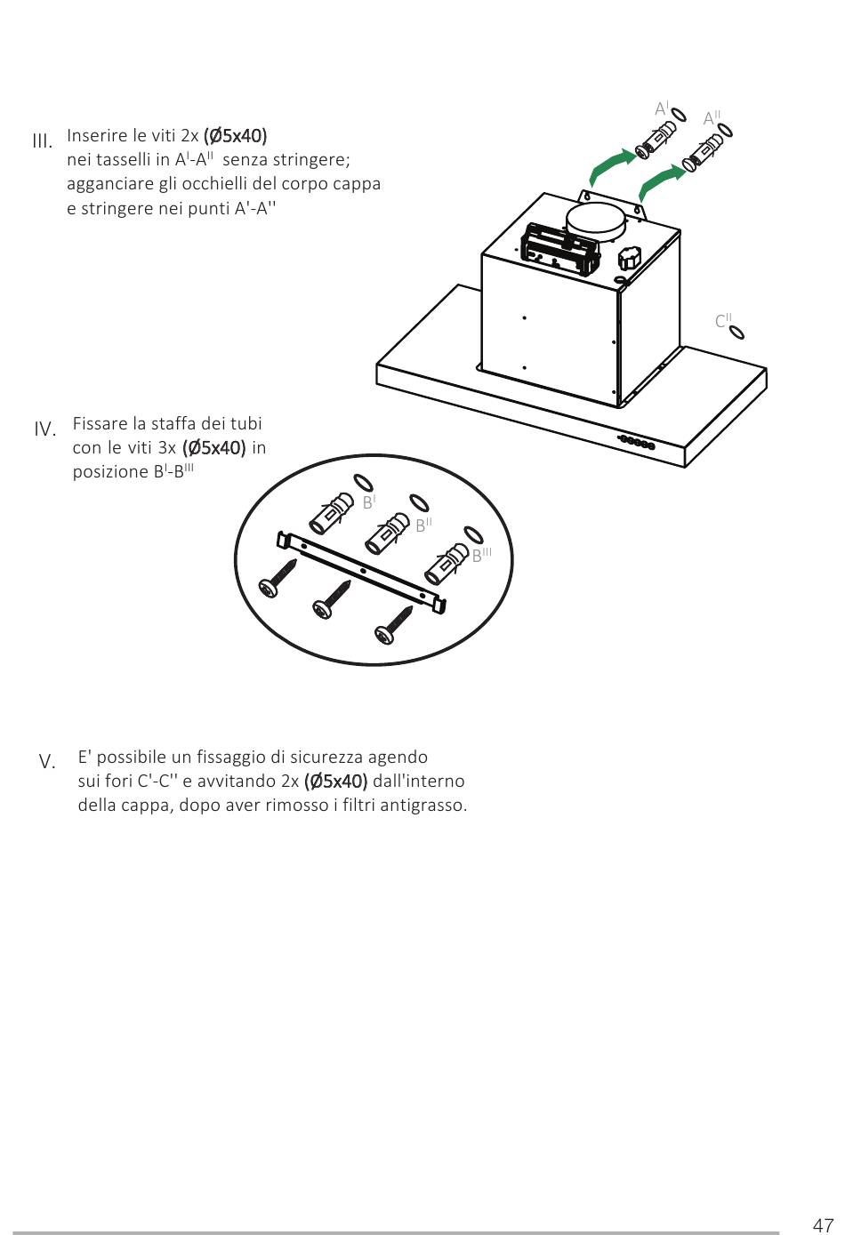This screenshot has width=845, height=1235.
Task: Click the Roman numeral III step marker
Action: (x=42, y=140)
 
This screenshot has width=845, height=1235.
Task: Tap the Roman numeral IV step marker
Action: (x=45, y=429)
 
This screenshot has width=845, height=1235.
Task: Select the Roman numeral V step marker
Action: (x=47, y=762)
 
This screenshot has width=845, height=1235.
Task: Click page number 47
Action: (x=822, y=1224)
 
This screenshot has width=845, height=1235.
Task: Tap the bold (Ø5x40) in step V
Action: (x=335, y=782)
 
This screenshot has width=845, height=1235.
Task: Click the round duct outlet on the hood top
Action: (x=597, y=220)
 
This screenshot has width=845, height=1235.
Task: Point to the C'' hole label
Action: (x=723, y=320)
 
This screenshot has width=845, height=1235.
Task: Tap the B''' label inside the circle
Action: (x=481, y=555)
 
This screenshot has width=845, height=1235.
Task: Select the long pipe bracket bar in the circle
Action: (x=363, y=568)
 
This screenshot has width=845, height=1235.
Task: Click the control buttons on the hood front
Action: (x=638, y=442)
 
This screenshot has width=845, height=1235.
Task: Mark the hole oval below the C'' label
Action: (x=736, y=333)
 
